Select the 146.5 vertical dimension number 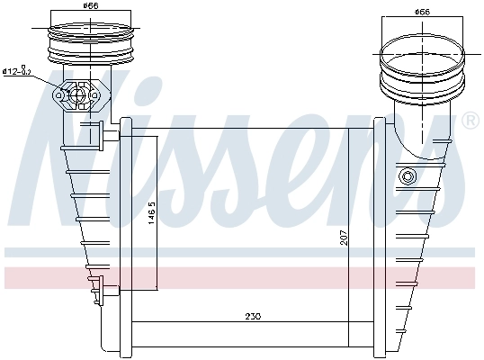153,216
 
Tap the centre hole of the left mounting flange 79,94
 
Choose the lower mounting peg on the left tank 108,290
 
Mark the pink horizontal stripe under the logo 242,277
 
